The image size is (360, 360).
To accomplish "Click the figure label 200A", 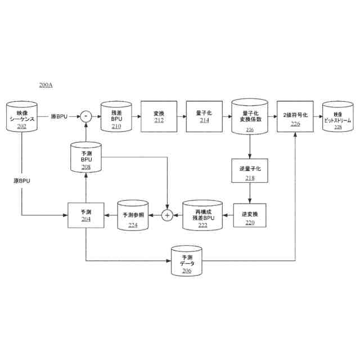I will pyautogui.click(x=46, y=85).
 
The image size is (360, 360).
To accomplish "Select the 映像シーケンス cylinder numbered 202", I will pyautogui.click(x=22, y=117).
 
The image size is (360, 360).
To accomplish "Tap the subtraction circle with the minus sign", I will pyautogui.click(x=85, y=116).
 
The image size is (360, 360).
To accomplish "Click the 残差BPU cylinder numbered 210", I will pyautogui.click(x=116, y=116).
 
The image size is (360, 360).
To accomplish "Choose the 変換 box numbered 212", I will pyautogui.click(x=159, y=116).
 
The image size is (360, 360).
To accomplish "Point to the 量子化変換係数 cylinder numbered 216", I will pyautogui.click(x=249, y=117).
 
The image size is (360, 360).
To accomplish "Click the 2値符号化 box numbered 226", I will pyautogui.click(x=295, y=116).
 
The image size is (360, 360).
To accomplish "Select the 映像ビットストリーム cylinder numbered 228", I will pyautogui.click(x=337, y=117).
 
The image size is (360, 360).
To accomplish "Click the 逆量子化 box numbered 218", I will pyautogui.click(x=250, y=170).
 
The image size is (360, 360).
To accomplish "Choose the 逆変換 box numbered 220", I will pyautogui.click(x=250, y=215).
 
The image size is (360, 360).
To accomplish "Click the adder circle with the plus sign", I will pyautogui.click(x=166, y=215).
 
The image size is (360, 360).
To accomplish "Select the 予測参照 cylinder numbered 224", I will pyautogui.click(x=133, y=215).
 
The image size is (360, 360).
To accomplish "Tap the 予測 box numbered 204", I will pyautogui.click(x=86, y=215).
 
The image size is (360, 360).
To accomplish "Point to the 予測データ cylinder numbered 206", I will pyautogui.click(x=187, y=260).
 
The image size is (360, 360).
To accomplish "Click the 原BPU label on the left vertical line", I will pyautogui.click(x=21, y=181).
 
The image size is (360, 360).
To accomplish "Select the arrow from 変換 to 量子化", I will pyautogui.click(x=181, y=116).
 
